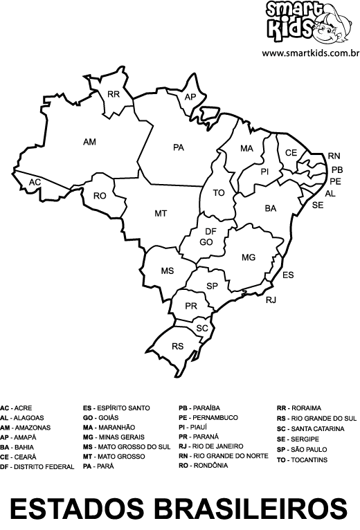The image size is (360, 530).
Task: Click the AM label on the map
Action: [89, 142]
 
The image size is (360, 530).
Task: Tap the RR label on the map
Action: [114, 94]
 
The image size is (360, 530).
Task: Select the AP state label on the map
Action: [190, 98]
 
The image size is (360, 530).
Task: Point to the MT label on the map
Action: [161, 214]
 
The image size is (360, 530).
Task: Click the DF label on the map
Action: [211, 232]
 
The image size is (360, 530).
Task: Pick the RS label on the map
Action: [178, 346]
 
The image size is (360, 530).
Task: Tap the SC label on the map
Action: [202, 328]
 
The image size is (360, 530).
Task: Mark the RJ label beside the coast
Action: [271, 300]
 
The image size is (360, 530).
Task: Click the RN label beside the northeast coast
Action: [334, 156]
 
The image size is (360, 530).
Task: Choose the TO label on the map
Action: [219, 193]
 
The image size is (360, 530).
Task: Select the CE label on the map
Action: [291, 153]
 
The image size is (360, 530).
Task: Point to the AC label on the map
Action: [35, 182]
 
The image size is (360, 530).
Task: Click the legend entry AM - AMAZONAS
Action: [26, 428]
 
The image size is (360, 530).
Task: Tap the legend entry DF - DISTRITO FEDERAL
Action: [37, 467]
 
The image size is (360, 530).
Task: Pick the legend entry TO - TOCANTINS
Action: [302, 459]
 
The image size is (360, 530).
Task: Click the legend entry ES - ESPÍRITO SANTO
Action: [116, 408]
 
